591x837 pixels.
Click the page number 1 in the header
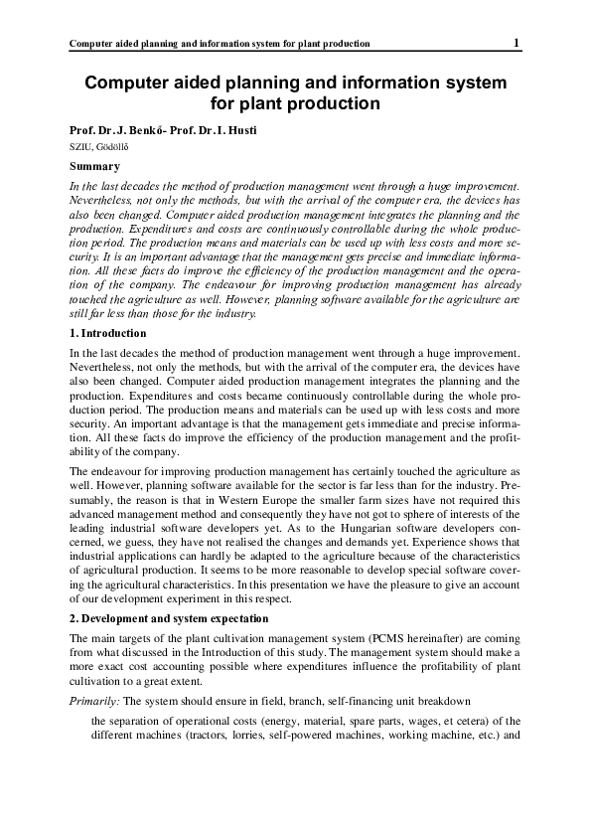(x=517, y=42)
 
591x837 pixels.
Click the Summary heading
(x=94, y=167)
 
